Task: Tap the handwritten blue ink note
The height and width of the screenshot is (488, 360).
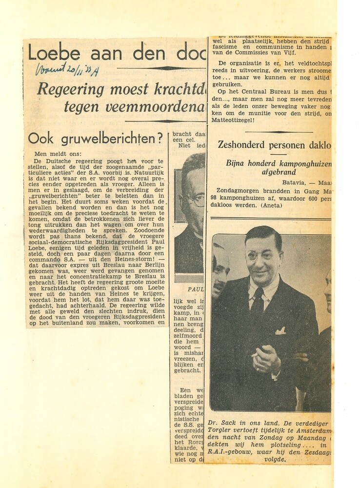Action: [x=67, y=69]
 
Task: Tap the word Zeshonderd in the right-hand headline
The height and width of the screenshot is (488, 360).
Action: [x=242, y=144]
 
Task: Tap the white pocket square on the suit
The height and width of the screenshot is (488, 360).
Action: [x=280, y=331]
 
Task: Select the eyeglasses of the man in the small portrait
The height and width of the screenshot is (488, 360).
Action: [x=195, y=200]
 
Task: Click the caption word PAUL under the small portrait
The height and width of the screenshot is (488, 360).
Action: [x=195, y=289]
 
